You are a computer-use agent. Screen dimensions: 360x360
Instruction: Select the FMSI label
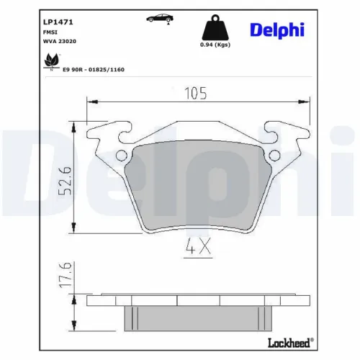[47, 32]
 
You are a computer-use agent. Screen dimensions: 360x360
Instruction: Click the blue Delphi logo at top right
[277, 30]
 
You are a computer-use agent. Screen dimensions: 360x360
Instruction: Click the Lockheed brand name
[293, 346]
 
